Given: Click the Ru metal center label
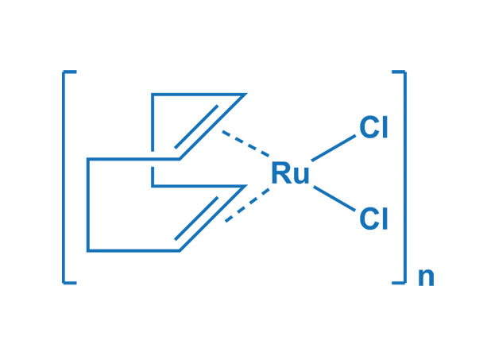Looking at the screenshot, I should click(x=290, y=173).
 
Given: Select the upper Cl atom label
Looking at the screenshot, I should click(x=373, y=128).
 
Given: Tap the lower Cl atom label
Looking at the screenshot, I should click(x=373, y=219).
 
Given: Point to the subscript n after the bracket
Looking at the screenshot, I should click(x=426, y=277).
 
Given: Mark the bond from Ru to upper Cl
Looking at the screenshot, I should click(x=334, y=148).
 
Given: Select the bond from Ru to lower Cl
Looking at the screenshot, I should click(x=334, y=199).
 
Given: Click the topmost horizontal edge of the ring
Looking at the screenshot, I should click(x=198, y=95).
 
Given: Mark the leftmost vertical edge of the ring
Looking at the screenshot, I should click(x=88, y=205).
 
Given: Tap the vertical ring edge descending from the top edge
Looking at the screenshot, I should click(x=153, y=127).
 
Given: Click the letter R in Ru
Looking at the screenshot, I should click(x=281, y=173).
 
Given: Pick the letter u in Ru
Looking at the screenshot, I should click(x=301, y=176).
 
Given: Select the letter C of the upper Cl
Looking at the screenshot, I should click(x=368, y=128).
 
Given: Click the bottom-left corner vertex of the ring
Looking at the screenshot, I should click(x=88, y=251).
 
